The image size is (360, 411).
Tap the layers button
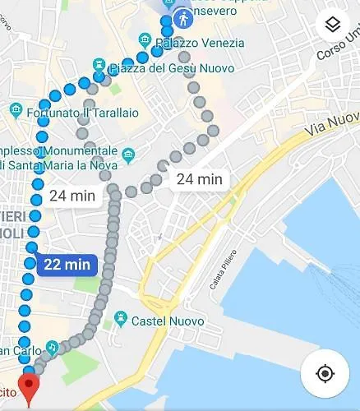[x=332, y=25]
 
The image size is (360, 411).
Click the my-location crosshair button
[x=325, y=374]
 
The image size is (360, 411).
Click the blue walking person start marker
[x=181, y=18]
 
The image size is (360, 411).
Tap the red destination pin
[x=30, y=387]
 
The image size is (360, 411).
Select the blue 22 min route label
[x=67, y=264]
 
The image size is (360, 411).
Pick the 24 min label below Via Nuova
[x=198, y=178]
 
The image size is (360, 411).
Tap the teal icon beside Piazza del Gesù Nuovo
[x=99, y=64]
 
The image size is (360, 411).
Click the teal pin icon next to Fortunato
[x=16, y=109]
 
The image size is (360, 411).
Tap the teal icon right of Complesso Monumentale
[x=127, y=154]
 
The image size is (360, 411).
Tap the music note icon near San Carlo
[x=53, y=348]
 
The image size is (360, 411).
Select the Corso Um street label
[x=338, y=48]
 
